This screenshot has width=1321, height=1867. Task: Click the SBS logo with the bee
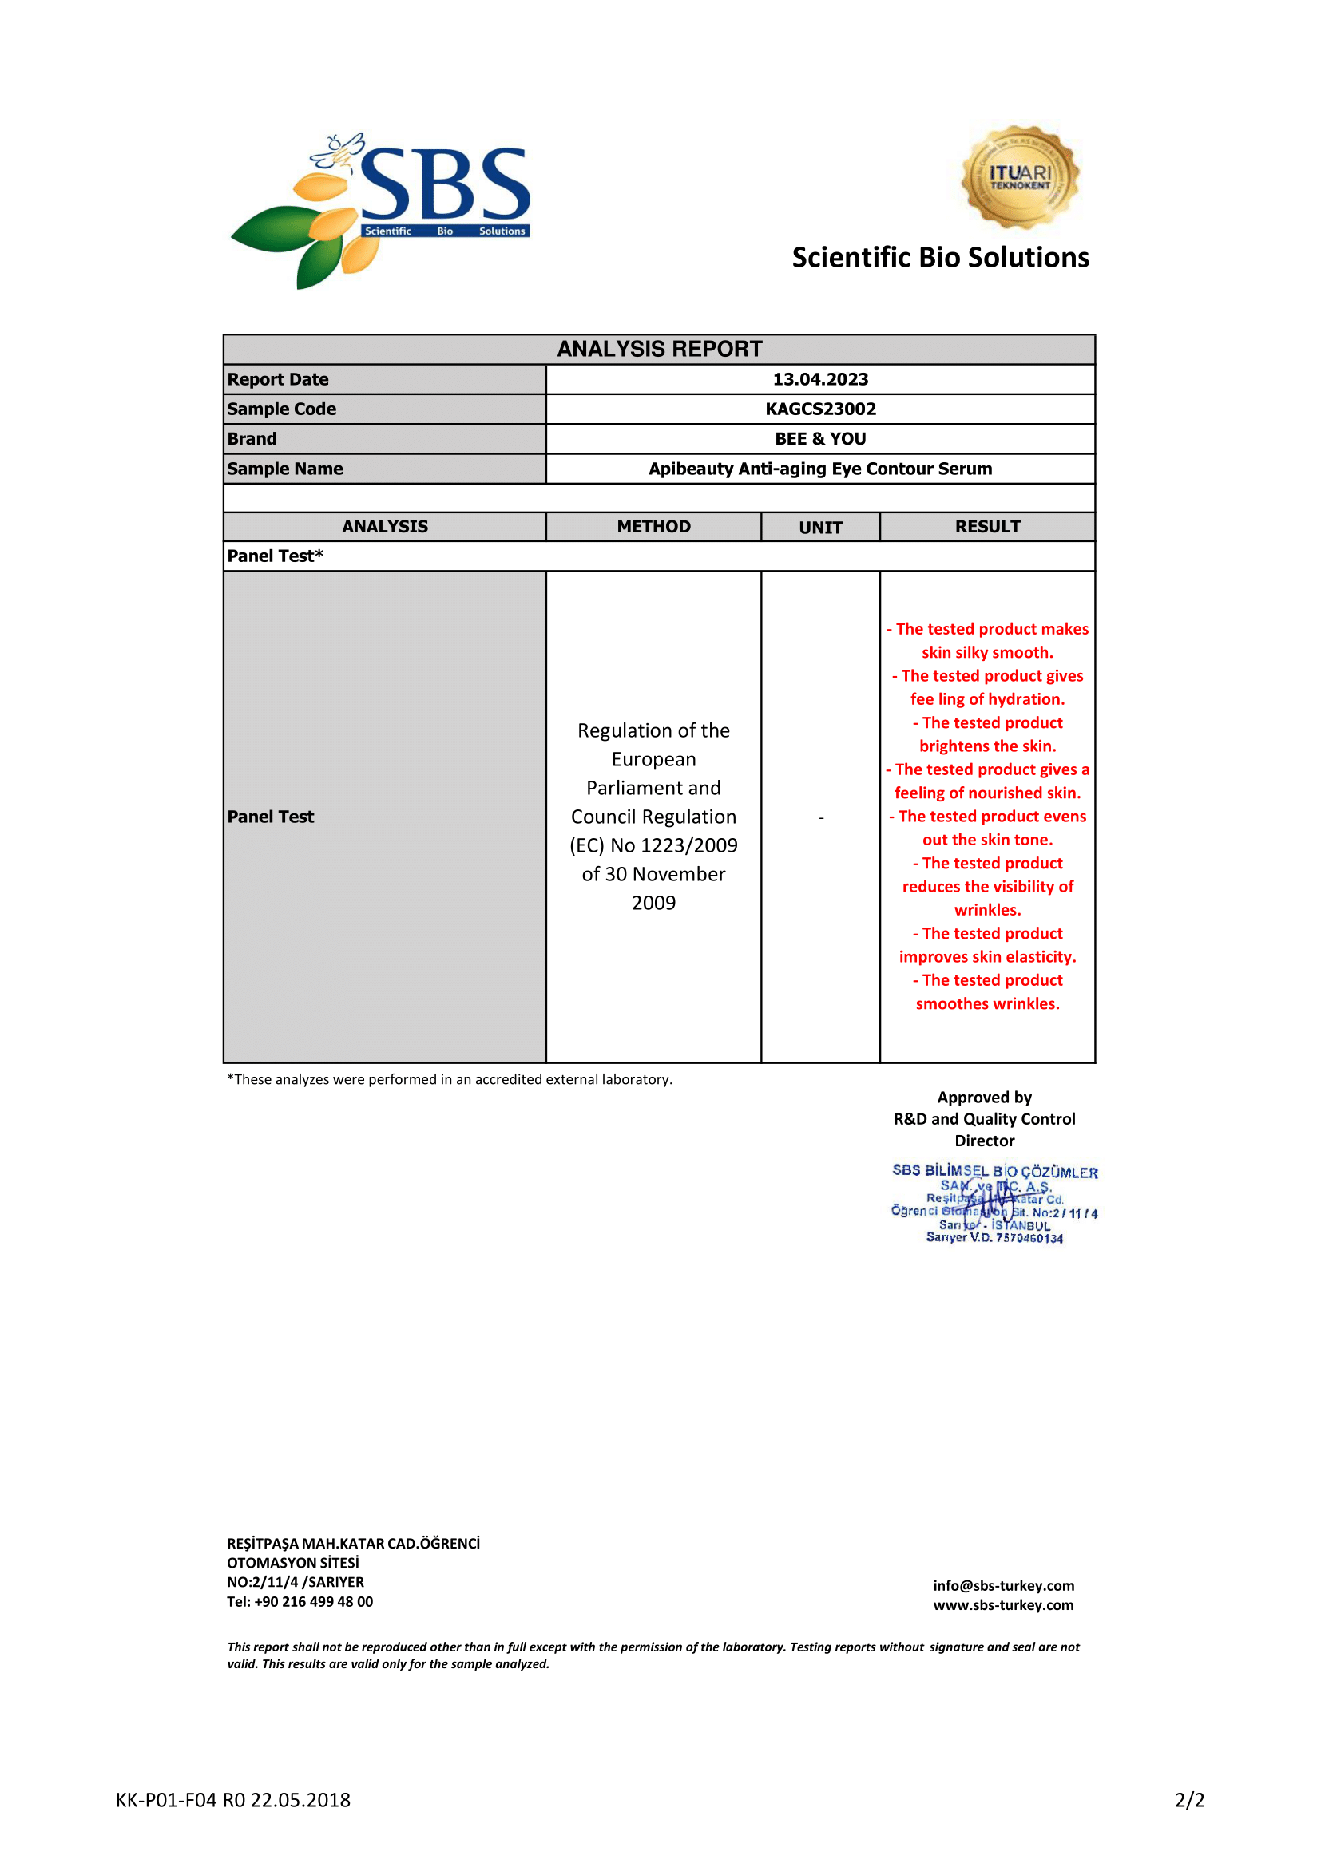(380, 210)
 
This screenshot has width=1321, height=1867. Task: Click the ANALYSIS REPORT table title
(659, 349)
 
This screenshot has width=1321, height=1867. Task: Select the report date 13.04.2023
(820, 379)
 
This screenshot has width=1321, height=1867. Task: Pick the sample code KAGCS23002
(820, 409)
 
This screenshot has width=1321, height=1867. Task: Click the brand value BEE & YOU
(820, 439)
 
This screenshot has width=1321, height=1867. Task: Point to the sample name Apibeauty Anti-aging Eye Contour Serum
(820, 469)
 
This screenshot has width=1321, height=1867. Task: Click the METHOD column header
(653, 527)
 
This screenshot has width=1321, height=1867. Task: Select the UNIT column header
(820, 528)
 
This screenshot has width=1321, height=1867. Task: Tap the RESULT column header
(986, 527)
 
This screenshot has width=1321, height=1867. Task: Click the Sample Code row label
(281, 409)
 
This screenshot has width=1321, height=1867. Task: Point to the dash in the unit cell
(821, 817)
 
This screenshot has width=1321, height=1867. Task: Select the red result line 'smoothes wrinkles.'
(987, 1004)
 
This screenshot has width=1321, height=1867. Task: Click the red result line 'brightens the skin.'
(987, 746)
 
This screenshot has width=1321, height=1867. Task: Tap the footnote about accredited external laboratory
(449, 1080)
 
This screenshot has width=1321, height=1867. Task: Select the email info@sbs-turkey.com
(1003, 1586)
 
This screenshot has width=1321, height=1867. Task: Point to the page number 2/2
(1189, 1800)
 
